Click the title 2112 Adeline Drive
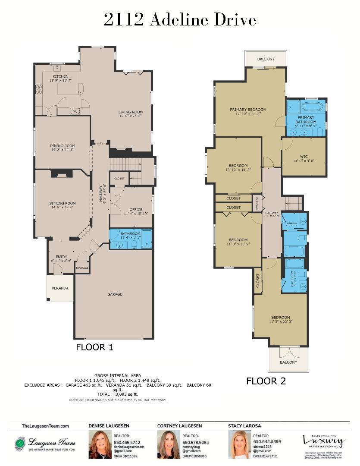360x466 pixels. pos(180,20)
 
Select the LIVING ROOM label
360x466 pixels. pos(130,112)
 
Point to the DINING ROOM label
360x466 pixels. pos(63,146)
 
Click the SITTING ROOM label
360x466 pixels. pos(63,203)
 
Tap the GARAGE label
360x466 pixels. pos(115,294)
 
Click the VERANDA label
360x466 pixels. pos(60,288)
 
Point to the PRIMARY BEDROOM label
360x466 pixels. pos(248,110)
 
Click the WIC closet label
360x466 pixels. pos(304,157)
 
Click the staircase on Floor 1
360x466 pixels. pos(125,164)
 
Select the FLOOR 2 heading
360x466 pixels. pos(266,381)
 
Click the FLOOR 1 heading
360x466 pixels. pos(94,347)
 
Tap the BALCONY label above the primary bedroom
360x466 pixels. pos(266,59)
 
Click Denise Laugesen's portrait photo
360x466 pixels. pos(100,445)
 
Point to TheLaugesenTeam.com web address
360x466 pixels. pos(45,426)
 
